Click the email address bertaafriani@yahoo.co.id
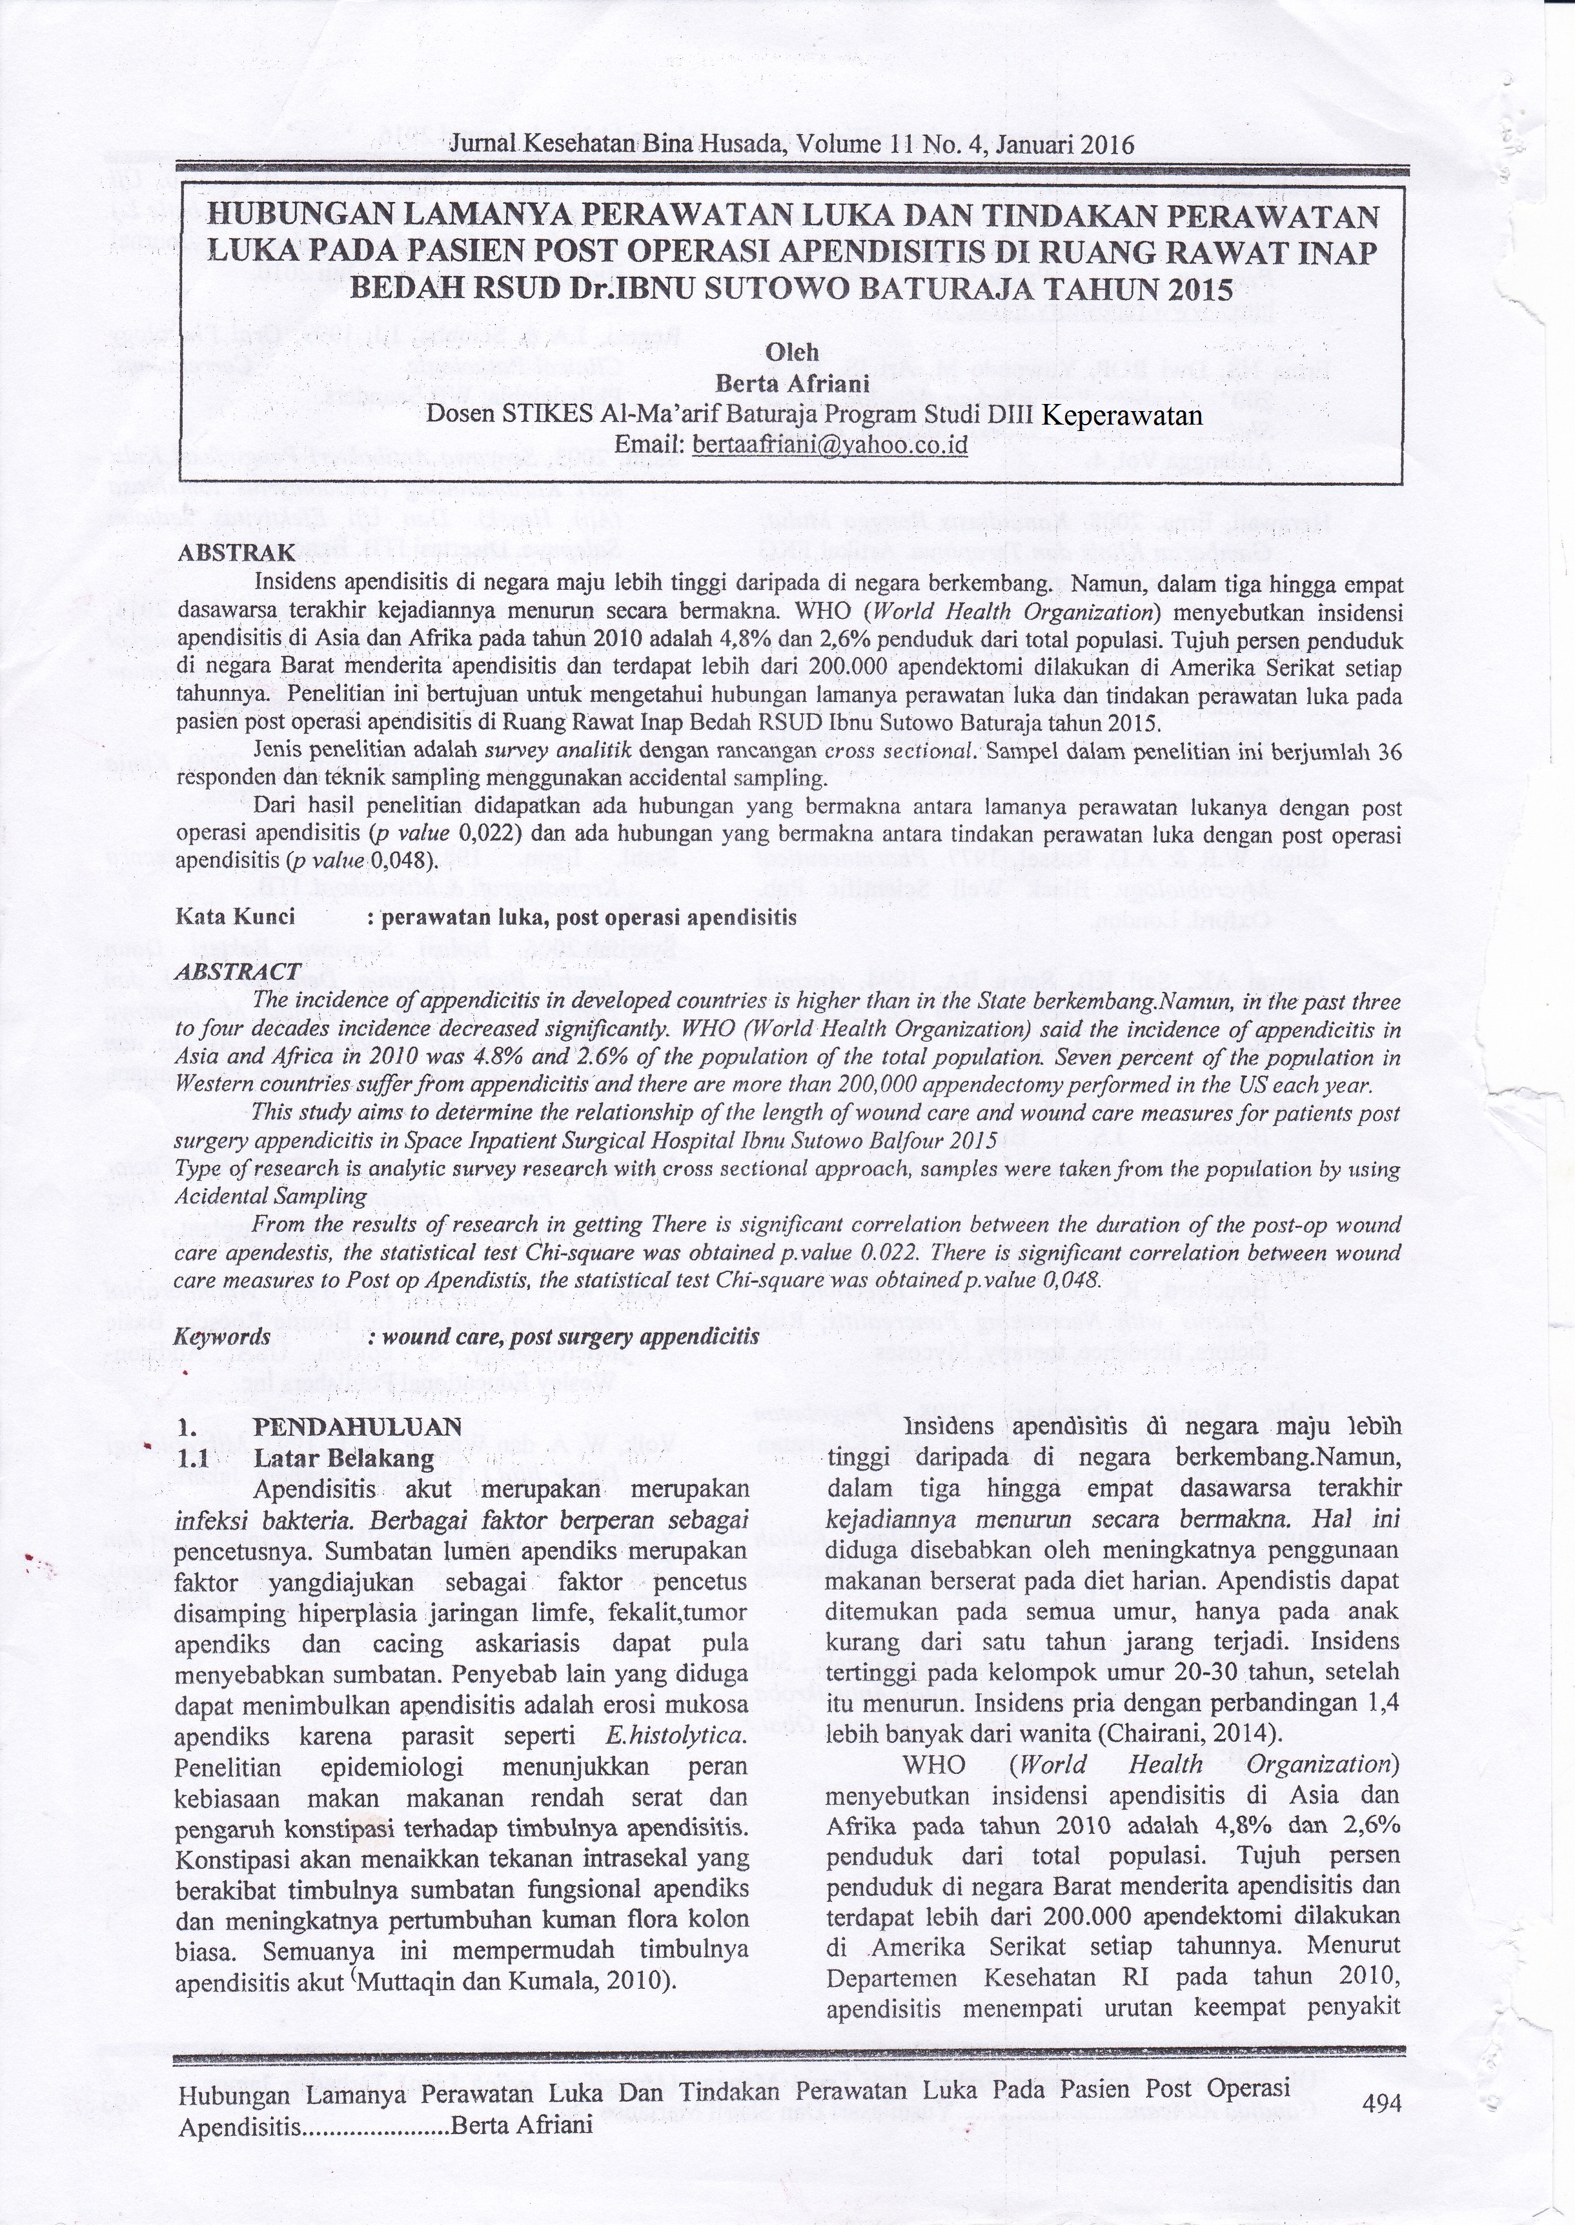(828, 445)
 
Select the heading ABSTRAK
(236, 554)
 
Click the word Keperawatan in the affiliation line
(1121, 414)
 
